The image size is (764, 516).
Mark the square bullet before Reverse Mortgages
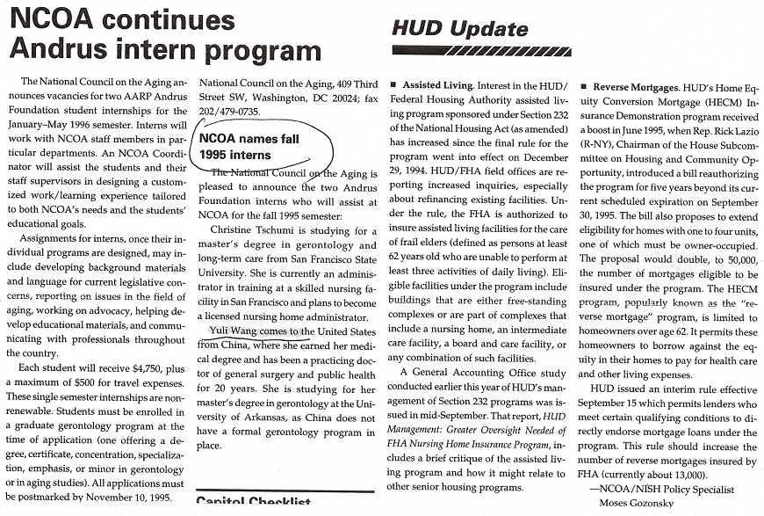585,89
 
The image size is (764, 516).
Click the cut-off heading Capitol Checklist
255,503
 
